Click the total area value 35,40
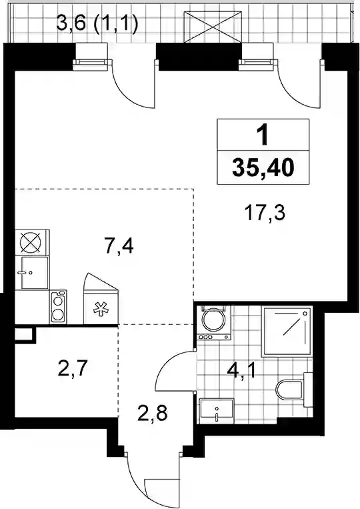[x=263, y=168]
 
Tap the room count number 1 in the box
[x=263, y=135]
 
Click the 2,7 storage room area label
[x=72, y=369]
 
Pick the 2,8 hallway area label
[x=152, y=413]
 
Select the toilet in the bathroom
[x=294, y=389]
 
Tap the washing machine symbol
[x=214, y=322]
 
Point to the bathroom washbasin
[x=216, y=411]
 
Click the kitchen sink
[x=35, y=272]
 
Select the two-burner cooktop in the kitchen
[x=58, y=307]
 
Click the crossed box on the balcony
[x=213, y=26]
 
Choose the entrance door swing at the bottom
[x=153, y=479]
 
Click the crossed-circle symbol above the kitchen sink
[x=32, y=242]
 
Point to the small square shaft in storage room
[x=25, y=334]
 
